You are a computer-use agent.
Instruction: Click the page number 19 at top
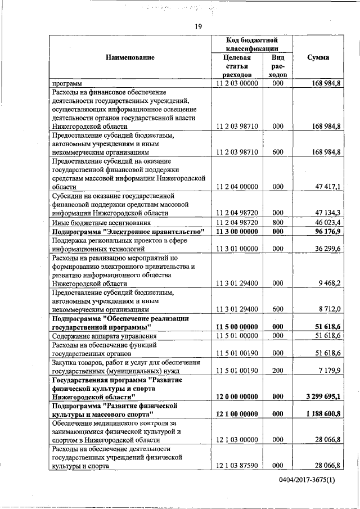pos(199,26)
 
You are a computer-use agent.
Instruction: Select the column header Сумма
pos(318,57)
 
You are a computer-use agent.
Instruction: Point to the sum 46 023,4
pos(328,223)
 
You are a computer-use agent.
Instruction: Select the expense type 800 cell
pos(277,223)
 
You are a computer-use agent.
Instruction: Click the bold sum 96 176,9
pos(328,232)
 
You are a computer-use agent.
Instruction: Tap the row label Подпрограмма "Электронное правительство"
pos(128,232)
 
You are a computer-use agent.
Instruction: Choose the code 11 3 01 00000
pos(236,248)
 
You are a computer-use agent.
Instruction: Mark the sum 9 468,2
pos(330,283)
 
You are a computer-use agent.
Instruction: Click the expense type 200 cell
pos(277,371)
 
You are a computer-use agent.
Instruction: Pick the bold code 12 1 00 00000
pos(236,414)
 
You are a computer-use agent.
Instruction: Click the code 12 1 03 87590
pos(236,466)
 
